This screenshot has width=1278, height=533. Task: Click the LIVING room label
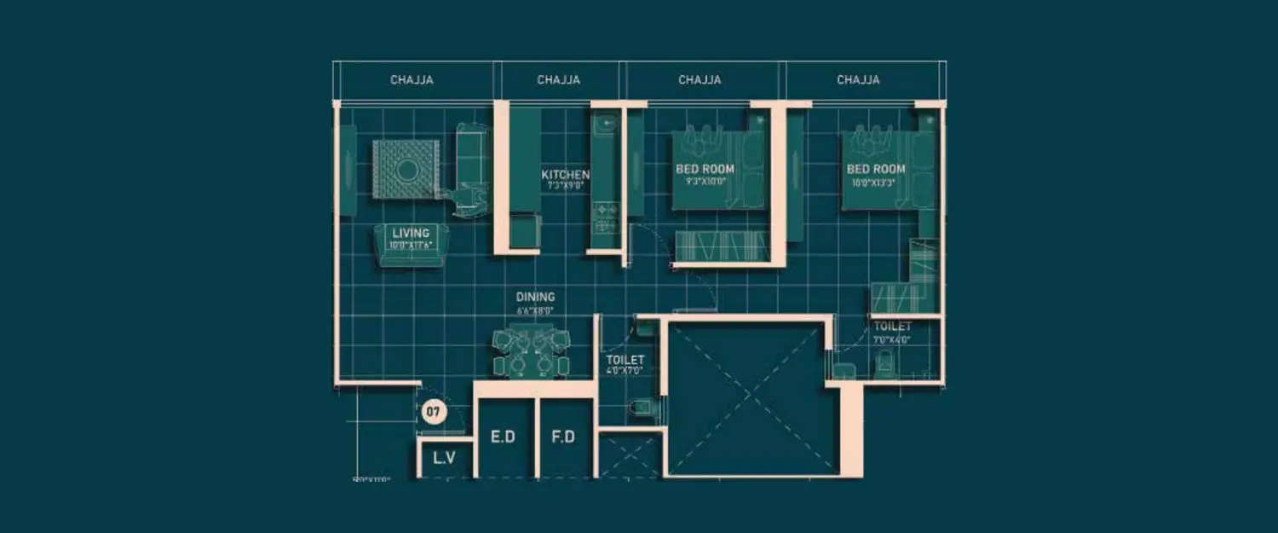pos(411,233)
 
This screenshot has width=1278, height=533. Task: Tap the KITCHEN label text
pos(566,175)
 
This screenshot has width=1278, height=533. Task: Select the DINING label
pos(535,297)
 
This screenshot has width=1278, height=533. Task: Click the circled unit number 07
pos(433,413)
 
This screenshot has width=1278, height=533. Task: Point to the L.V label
pos(444,458)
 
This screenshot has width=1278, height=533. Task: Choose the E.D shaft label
pos(504,437)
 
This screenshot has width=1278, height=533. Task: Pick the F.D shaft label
pos(564,437)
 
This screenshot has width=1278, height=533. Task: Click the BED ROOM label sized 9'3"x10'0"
pos(705,169)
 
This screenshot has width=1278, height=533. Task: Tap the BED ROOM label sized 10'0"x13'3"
pos(875,169)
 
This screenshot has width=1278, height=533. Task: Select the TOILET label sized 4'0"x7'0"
pos(625,361)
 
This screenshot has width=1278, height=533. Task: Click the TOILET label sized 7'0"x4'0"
pos(892,327)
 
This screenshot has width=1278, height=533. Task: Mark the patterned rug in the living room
pos(406,170)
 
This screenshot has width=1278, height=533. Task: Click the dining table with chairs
pos(531,351)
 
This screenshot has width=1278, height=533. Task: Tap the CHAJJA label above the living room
pos(412,80)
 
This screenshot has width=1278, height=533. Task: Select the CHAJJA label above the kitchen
pos(559,80)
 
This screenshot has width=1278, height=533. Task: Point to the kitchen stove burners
pos(604,217)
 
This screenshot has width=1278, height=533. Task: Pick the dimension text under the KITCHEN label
pos(564,184)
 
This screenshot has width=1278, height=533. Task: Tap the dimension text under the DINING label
pos(535,311)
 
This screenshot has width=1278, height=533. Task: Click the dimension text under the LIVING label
pos(411,246)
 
